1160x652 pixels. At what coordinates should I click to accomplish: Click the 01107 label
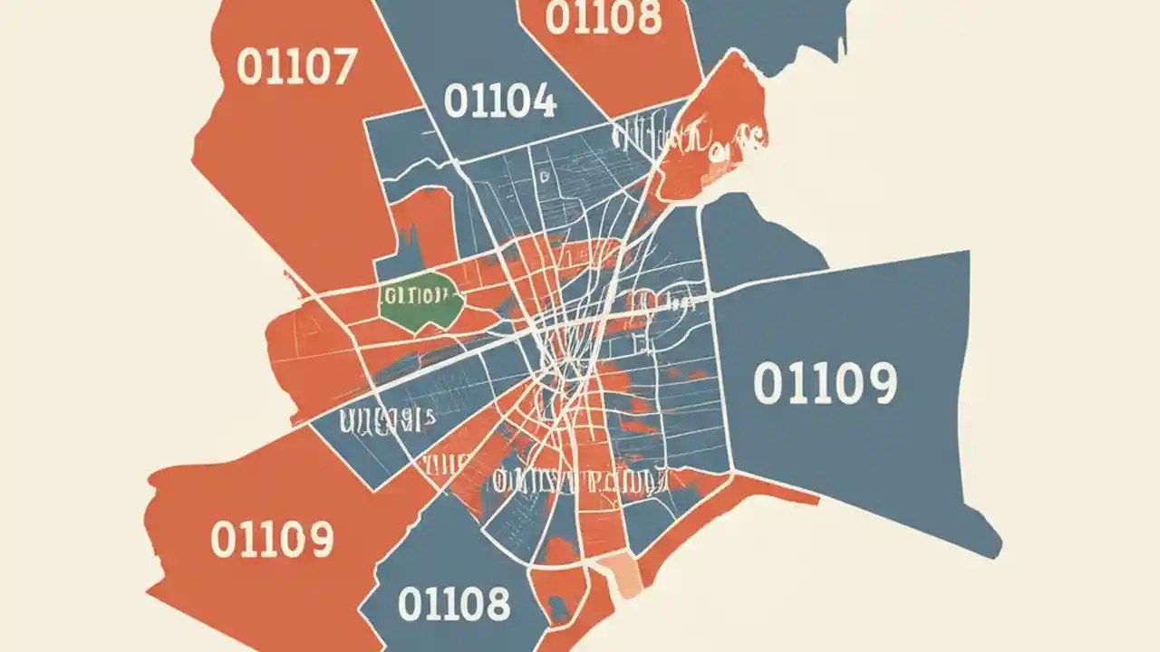click(x=296, y=67)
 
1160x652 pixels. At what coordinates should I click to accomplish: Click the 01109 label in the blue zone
click(x=825, y=383)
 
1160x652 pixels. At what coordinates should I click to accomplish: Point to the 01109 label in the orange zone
click(x=272, y=540)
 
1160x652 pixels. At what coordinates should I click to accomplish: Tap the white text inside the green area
click(x=416, y=295)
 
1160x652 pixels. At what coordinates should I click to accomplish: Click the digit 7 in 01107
click(x=343, y=67)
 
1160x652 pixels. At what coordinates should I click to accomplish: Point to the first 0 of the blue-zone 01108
click(x=412, y=603)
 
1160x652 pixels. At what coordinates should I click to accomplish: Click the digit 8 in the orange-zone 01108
click(x=647, y=17)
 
